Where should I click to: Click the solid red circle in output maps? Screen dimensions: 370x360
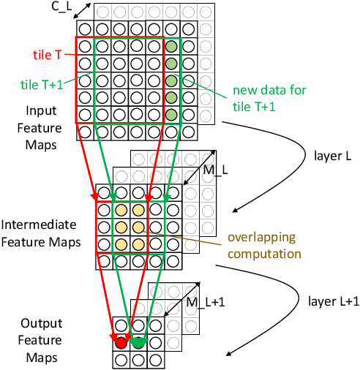(x=120, y=341)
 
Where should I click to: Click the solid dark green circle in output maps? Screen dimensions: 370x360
(x=137, y=341)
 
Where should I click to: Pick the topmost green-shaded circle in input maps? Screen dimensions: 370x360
(x=171, y=48)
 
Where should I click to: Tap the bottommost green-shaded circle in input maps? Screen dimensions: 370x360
(x=171, y=115)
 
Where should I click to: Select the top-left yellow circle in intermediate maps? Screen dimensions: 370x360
(x=120, y=211)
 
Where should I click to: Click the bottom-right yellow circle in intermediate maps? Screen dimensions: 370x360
(x=137, y=244)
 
